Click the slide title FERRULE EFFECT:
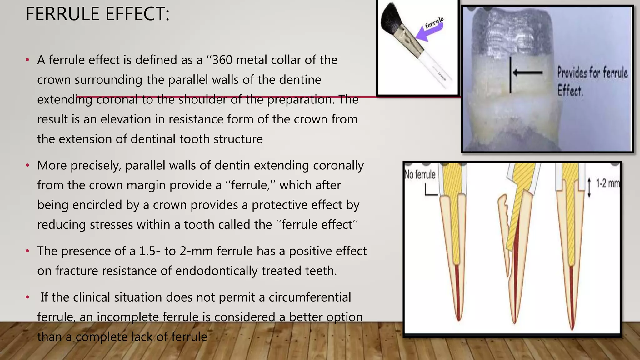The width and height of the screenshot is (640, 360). point(97,14)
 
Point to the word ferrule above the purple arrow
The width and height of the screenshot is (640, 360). point(434,22)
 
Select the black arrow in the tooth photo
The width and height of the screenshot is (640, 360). point(527,73)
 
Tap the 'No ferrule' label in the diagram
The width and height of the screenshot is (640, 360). point(420,174)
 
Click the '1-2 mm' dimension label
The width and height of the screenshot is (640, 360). point(607,183)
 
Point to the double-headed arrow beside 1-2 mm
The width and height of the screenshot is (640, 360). point(589,187)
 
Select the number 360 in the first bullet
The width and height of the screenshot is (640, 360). point(222,60)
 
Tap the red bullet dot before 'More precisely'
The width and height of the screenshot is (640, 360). point(27,165)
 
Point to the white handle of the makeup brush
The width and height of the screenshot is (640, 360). point(436,67)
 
